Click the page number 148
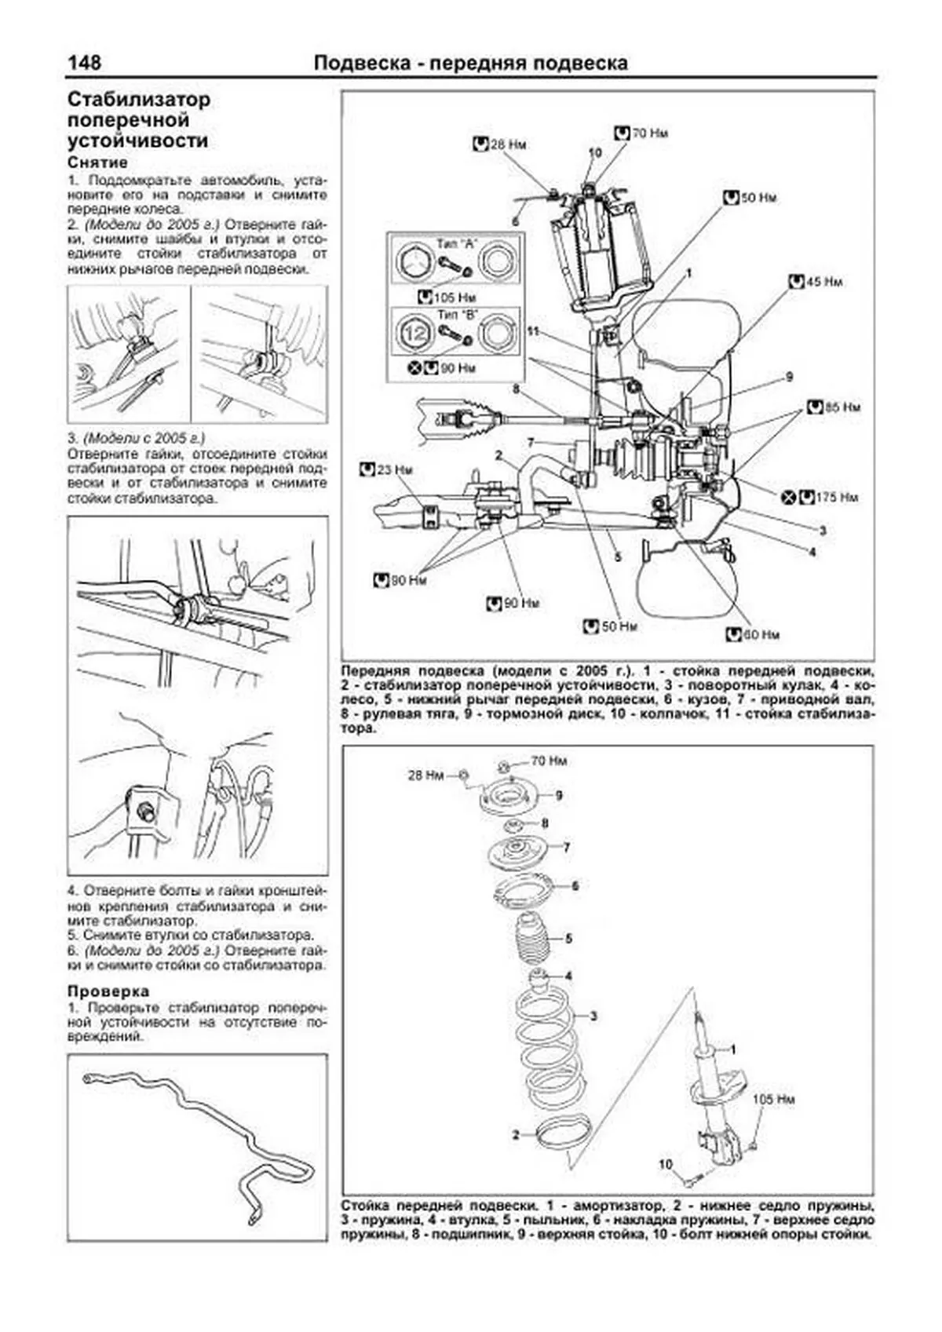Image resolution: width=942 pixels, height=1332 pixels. click(84, 63)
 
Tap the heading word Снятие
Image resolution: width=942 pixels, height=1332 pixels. click(97, 162)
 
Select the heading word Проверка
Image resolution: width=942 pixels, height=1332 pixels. click(108, 991)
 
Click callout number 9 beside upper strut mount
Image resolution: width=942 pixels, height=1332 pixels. click(559, 796)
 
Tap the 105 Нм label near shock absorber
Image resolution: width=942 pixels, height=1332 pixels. click(773, 1099)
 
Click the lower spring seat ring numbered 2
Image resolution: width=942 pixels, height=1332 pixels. click(558, 1133)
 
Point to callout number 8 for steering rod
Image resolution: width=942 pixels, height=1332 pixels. click(516, 389)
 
